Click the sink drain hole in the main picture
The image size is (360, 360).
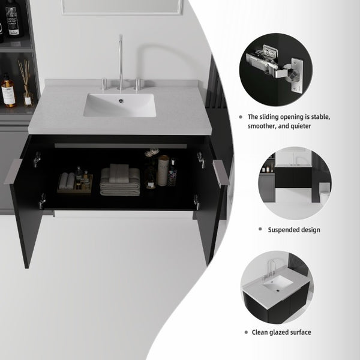[121, 101]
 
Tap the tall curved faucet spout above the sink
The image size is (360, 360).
[121, 62]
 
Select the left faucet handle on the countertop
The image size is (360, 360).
[104, 84]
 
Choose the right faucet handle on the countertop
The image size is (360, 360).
[137, 84]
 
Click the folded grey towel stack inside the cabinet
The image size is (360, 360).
[120, 180]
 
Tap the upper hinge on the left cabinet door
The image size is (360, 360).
[37, 159]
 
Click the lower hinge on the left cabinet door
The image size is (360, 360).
[42, 201]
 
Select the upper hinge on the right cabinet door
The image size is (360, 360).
[200, 160]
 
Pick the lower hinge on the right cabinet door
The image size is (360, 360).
[196, 202]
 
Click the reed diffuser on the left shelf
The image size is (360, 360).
[26, 83]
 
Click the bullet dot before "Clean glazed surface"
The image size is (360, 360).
[247, 332]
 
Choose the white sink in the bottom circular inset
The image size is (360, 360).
[278, 283]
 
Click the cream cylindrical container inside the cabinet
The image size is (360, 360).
[163, 170]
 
